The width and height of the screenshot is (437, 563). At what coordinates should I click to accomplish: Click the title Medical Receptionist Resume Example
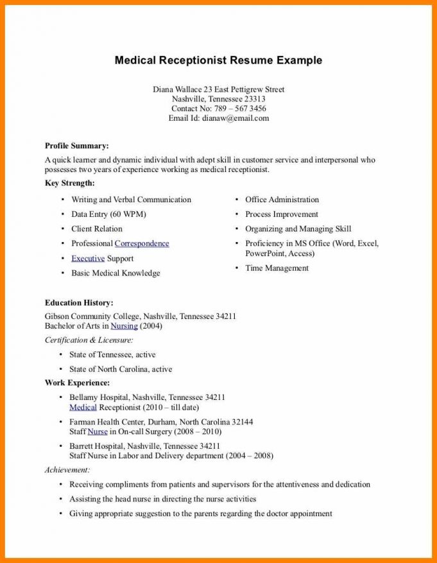[218, 60]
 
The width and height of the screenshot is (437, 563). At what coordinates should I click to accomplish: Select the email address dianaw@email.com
[236, 118]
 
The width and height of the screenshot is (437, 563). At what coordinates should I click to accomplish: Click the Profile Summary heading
[76, 146]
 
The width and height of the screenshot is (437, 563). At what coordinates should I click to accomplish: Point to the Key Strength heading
[69, 184]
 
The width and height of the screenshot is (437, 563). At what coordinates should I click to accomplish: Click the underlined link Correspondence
[142, 243]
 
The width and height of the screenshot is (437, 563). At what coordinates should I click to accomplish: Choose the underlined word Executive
[88, 258]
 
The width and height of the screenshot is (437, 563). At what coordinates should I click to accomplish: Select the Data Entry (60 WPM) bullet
[108, 214]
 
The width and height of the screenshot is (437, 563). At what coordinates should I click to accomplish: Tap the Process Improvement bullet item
[282, 214]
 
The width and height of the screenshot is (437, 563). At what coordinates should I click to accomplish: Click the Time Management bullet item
[277, 268]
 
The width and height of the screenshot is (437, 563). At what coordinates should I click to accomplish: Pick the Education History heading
[79, 302]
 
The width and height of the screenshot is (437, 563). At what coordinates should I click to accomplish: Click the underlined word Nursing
[124, 326]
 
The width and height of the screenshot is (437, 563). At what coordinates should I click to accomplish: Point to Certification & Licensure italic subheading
[89, 340]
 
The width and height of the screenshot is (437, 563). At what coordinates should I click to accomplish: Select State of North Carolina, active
[121, 369]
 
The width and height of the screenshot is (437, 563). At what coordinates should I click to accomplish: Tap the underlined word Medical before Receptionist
[83, 407]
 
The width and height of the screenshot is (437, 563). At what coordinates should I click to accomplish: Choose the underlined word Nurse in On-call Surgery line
[98, 431]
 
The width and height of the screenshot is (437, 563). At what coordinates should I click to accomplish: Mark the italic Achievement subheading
[67, 470]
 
